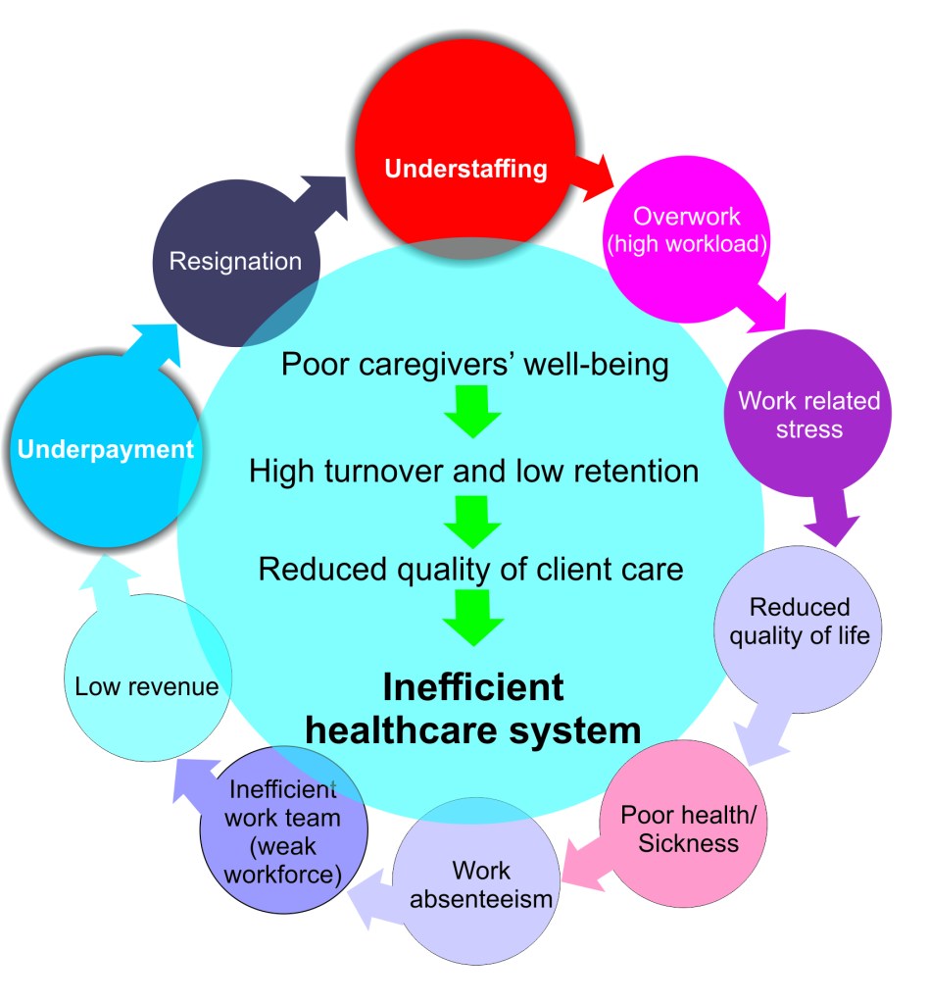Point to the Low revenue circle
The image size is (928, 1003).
pyautogui.click(x=146, y=685)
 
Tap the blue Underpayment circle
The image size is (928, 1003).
pyautogui.click(x=104, y=451)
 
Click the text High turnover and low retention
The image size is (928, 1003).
pyautogui.click(x=473, y=471)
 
